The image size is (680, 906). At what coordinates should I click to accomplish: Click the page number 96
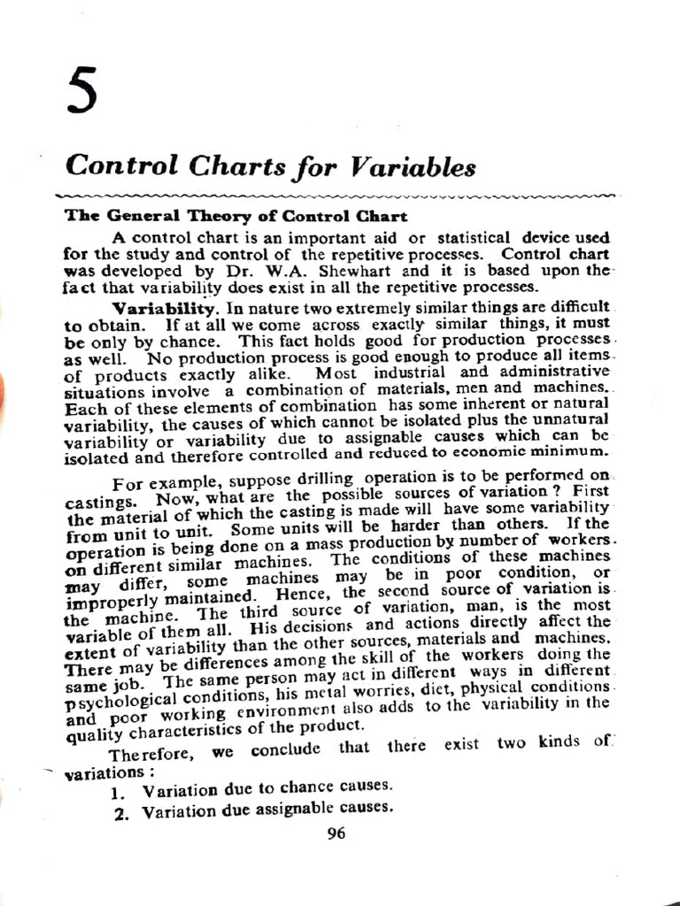pos(336,833)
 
